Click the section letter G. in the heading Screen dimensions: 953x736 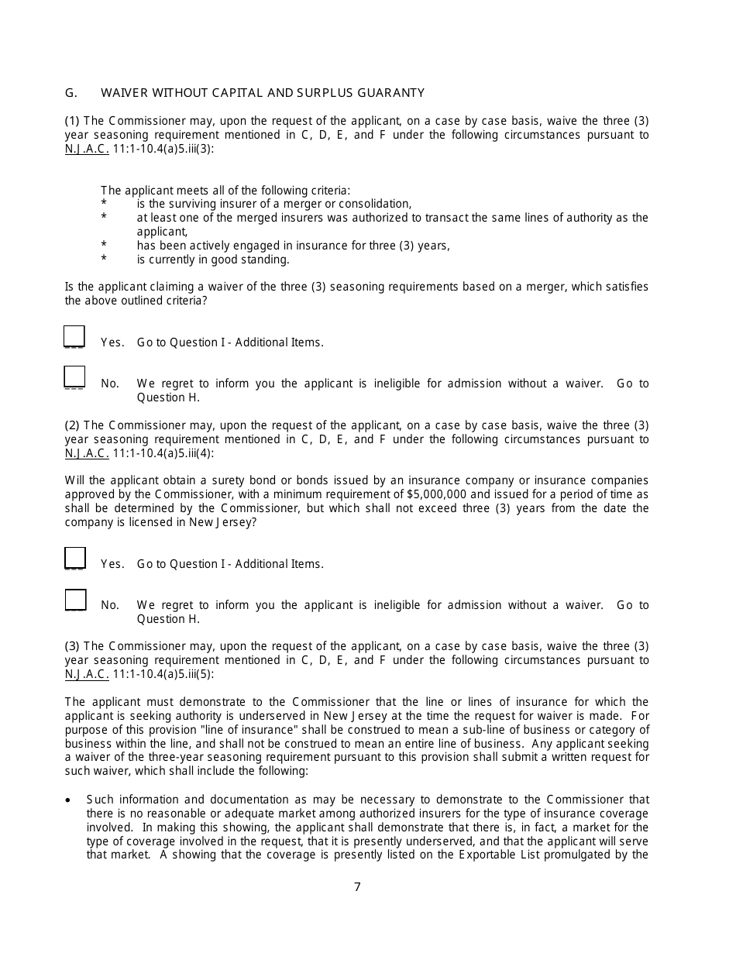[x=71, y=93]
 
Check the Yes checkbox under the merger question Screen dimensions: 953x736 [x=74, y=336]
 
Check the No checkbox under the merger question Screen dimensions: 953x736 [x=74, y=377]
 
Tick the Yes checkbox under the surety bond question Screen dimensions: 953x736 [x=74, y=558]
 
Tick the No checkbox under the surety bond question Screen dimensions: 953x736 [x=75, y=599]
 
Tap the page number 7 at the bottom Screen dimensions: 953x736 [x=357, y=887]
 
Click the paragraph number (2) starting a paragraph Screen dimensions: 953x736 [x=72, y=425]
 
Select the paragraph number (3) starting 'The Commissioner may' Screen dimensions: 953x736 [x=72, y=646]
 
